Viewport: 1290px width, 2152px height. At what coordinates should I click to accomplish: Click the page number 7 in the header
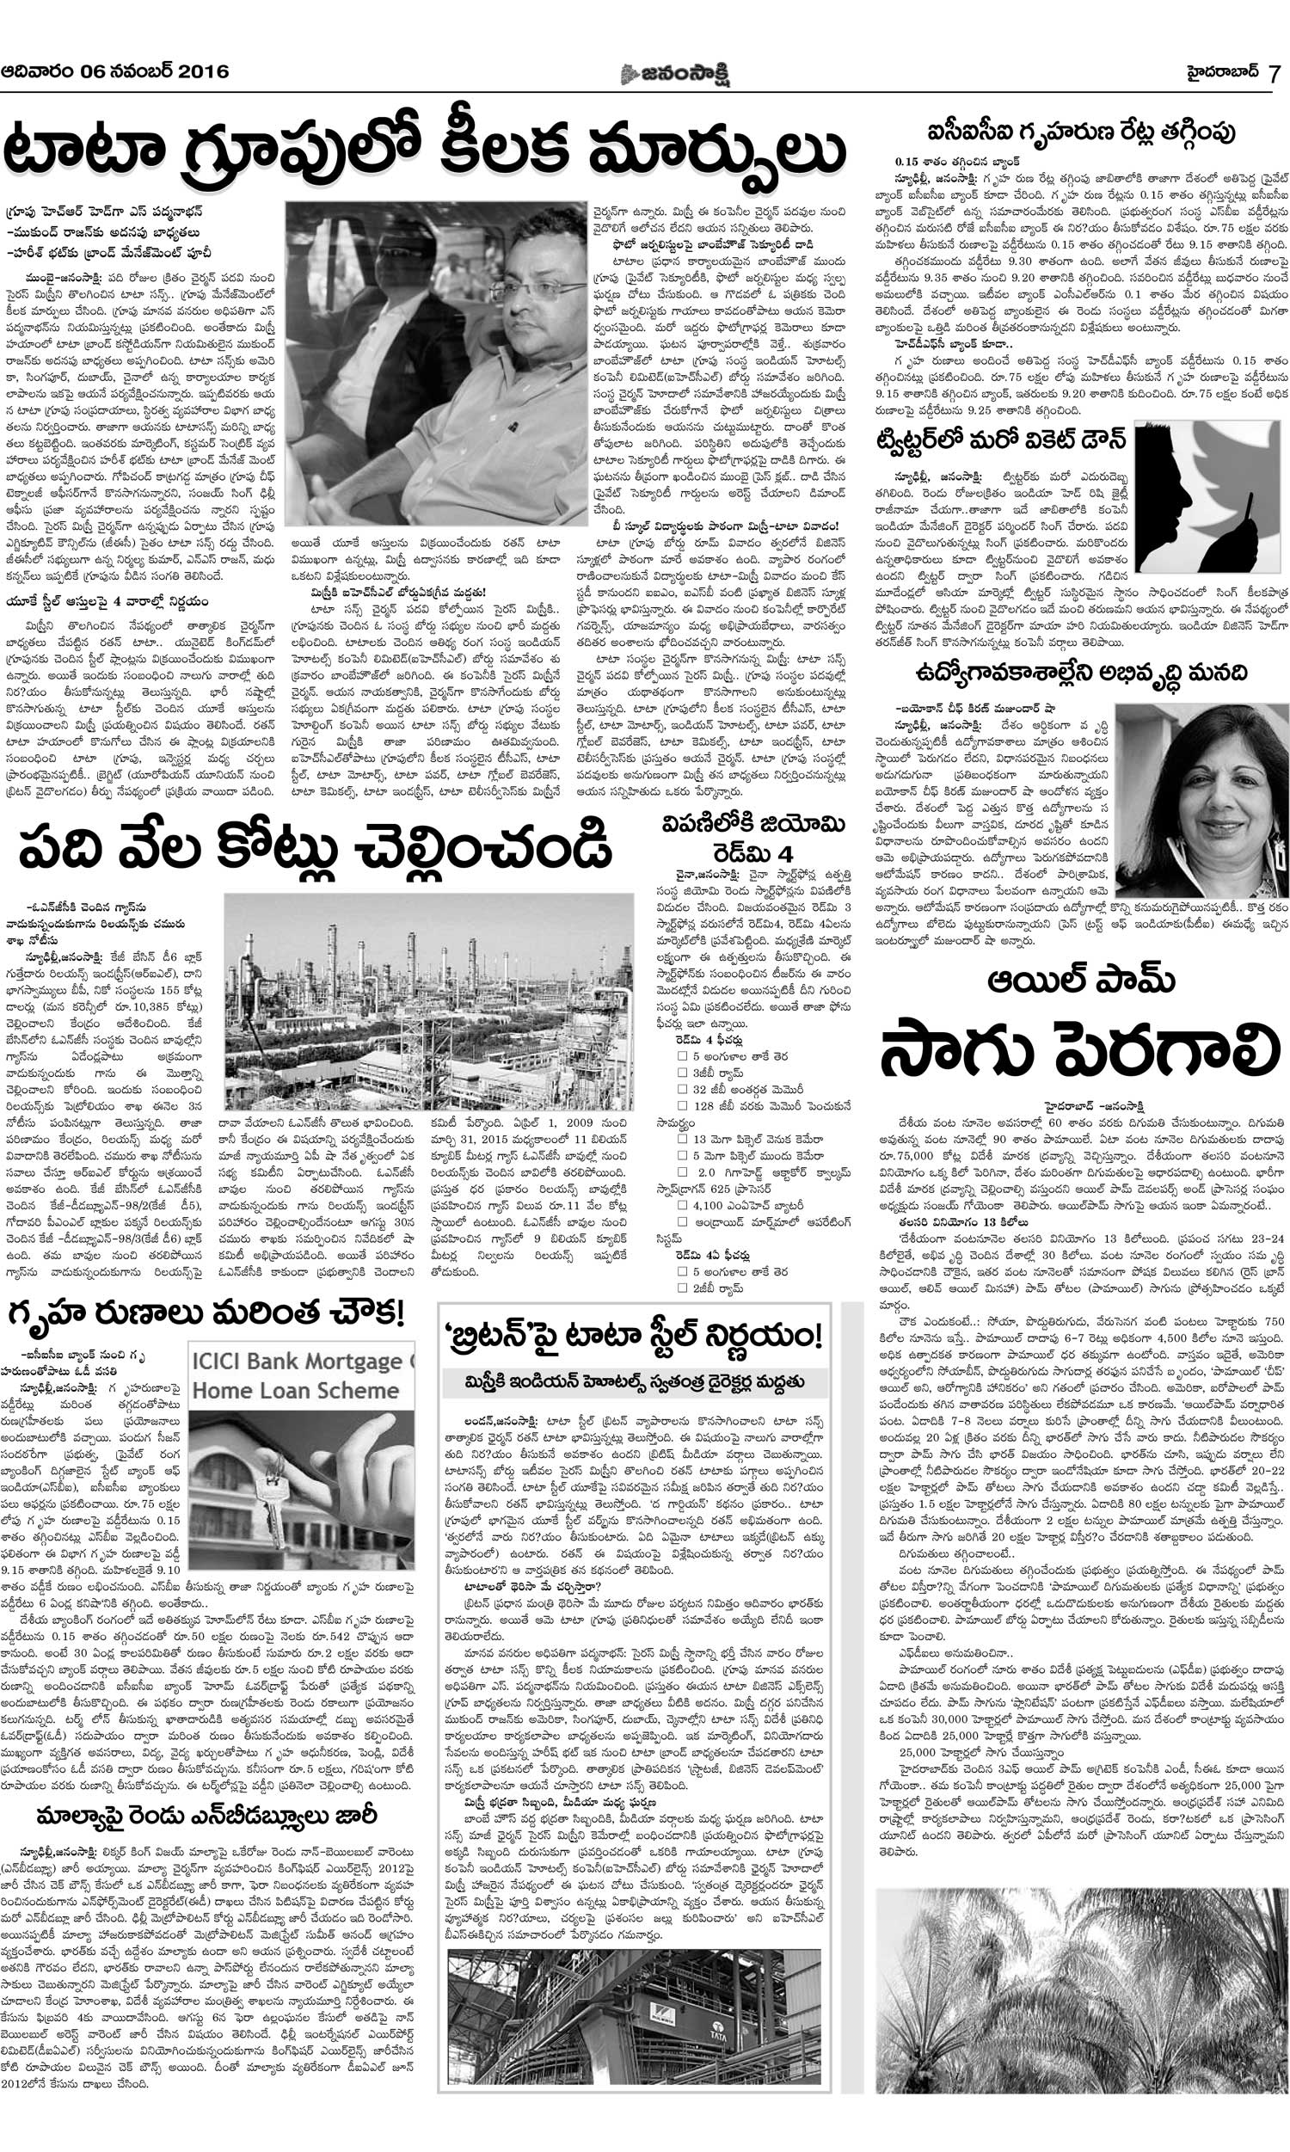(1274, 73)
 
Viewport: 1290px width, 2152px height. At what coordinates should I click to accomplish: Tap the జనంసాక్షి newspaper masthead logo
(674, 74)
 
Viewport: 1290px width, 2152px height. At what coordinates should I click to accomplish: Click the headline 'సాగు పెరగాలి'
(1079, 1051)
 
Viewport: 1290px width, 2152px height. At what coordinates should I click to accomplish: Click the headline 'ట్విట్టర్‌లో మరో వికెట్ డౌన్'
(1000, 440)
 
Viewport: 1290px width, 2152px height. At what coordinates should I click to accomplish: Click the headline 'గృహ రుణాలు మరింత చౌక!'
(206, 1313)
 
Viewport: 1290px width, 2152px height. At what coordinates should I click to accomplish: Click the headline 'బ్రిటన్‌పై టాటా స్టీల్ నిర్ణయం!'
(634, 1334)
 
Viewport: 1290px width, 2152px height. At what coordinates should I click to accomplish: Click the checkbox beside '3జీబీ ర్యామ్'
(682, 1073)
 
